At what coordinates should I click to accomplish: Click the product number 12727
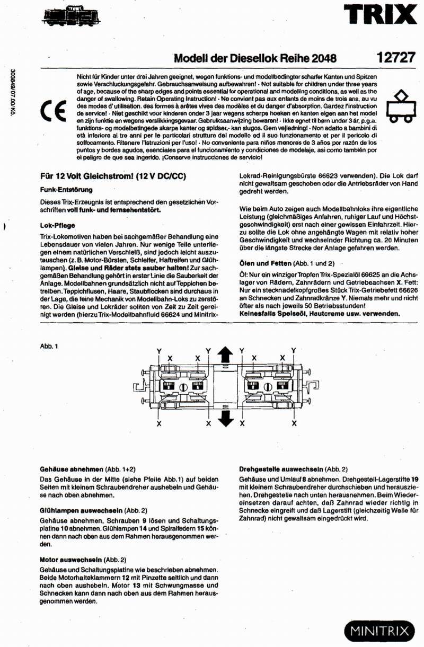pos(396,58)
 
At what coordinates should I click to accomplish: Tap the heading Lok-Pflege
pos(57,225)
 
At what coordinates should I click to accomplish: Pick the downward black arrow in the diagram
pos(226,418)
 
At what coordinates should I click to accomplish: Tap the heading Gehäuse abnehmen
pos(71,469)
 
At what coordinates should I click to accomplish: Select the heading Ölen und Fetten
pos(266,263)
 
